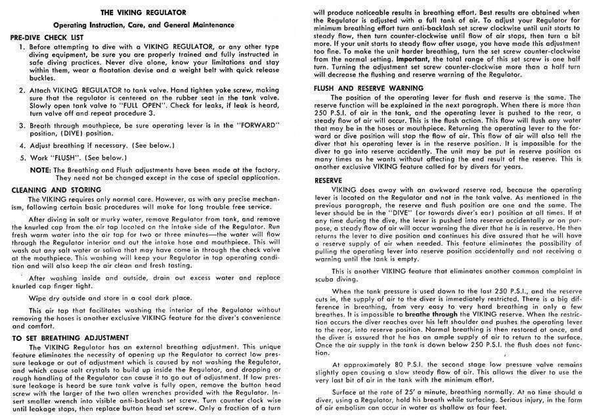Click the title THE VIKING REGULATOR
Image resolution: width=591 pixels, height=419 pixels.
pos(146,12)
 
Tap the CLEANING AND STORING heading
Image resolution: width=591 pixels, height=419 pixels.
pos(53,189)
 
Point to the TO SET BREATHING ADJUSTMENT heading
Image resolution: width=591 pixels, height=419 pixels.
pos(71,338)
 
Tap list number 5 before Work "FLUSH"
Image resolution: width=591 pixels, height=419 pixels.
pos(22,158)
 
